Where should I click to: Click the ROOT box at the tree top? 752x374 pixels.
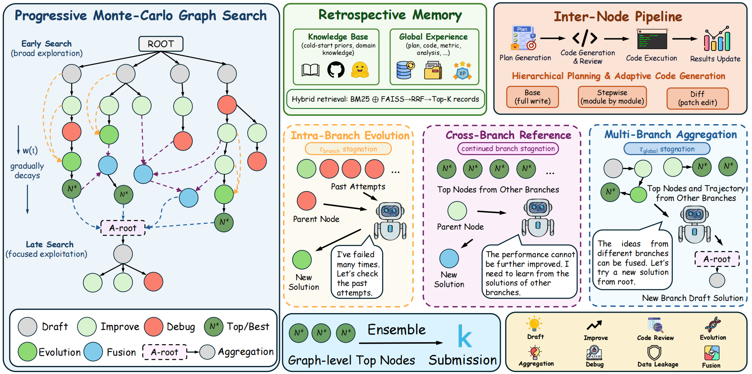(x=161, y=44)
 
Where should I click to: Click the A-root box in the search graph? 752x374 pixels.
(x=123, y=228)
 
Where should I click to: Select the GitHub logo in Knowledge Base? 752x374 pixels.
(x=336, y=70)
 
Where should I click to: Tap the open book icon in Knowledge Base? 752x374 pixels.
(x=311, y=70)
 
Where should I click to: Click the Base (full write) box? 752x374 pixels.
(x=532, y=97)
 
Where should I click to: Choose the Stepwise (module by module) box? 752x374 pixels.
(x=612, y=97)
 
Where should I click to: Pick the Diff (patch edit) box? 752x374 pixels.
(x=697, y=98)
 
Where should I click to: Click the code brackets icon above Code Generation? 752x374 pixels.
(x=585, y=38)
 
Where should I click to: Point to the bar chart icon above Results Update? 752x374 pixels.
(x=717, y=39)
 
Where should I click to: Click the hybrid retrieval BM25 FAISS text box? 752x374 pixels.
(x=385, y=99)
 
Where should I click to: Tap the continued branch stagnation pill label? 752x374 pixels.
(x=508, y=149)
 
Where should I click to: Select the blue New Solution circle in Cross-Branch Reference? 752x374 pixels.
(x=449, y=258)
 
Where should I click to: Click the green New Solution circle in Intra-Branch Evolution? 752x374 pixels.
(x=302, y=259)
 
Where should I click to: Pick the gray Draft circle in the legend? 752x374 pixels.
(x=28, y=326)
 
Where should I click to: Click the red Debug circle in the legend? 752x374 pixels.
(x=154, y=326)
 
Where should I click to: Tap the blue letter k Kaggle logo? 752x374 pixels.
(x=464, y=336)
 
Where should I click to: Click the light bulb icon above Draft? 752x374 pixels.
(x=534, y=324)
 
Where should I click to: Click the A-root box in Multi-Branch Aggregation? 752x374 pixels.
(x=717, y=259)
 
